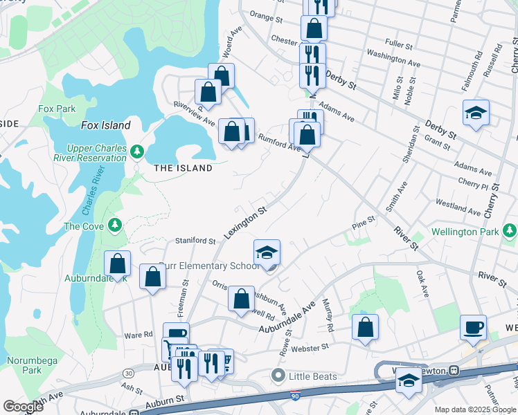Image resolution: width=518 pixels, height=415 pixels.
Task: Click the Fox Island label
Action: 106,125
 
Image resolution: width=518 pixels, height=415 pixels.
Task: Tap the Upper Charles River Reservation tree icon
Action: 137,151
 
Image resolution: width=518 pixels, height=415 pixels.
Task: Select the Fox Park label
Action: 57,109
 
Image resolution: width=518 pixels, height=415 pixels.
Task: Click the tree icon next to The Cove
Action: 115,225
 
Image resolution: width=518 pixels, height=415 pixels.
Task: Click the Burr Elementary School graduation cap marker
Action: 267,252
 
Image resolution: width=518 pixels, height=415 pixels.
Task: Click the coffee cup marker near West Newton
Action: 474,327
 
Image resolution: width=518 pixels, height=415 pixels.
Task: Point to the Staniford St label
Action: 196,240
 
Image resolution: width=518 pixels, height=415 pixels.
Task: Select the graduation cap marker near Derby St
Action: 476,113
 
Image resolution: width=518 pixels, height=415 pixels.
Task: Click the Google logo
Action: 23,407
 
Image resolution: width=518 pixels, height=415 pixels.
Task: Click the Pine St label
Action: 363,222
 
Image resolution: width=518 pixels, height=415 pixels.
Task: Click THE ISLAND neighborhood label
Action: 183,168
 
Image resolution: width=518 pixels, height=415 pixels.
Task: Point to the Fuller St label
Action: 399,44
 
